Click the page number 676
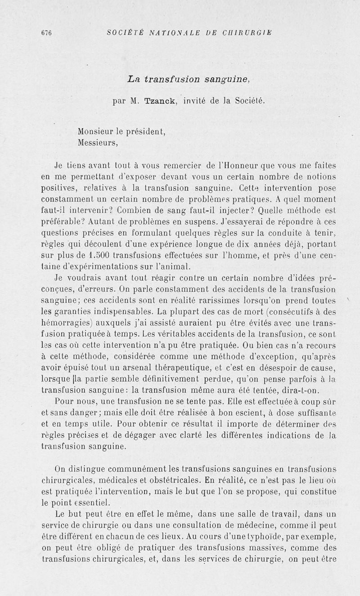click(46, 33)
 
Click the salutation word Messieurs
click(97, 143)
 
